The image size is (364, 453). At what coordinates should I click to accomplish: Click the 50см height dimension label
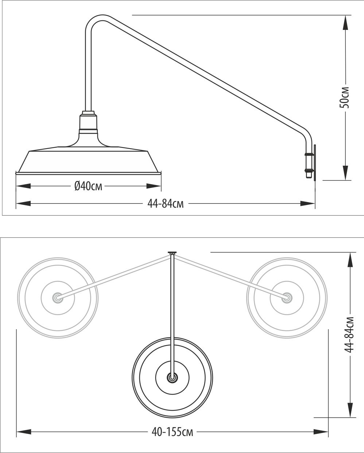click(x=344, y=98)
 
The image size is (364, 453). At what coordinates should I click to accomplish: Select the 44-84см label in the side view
click(x=166, y=204)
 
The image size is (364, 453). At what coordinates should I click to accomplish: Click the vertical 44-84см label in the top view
click(x=349, y=334)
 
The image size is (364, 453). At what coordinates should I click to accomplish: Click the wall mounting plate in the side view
click(x=315, y=162)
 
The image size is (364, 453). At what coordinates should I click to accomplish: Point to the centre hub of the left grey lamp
click(x=57, y=298)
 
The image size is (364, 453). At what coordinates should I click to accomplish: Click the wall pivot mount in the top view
click(x=172, y=252)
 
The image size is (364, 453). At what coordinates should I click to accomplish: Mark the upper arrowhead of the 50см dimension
click(x=345, y=22)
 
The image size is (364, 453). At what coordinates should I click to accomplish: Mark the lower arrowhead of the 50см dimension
click(x=345, y=173)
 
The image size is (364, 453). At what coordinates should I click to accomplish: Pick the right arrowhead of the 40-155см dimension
click(x=322, y=432)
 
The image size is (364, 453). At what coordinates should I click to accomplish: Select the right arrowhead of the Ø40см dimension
click(x=154, y=186)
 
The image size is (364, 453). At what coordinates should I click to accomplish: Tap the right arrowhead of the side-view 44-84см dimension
click(x=307, y=204)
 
